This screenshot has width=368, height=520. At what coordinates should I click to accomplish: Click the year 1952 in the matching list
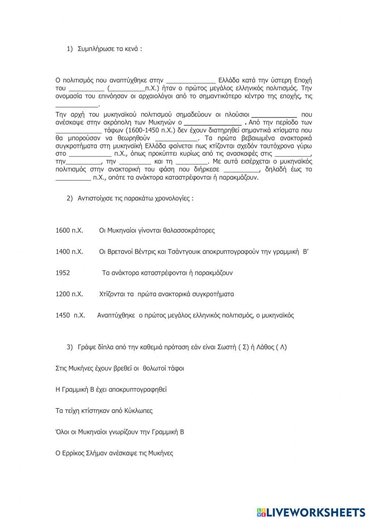tap(63, 273)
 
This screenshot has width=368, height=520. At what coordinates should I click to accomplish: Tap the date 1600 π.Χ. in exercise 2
tap(69, 231)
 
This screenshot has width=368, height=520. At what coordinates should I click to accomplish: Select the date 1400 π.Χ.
tap(69, 252)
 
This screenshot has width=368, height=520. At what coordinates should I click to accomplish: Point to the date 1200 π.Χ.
tap(69, 294)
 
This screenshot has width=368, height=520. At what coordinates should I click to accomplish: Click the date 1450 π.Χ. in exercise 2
tap(70, 315)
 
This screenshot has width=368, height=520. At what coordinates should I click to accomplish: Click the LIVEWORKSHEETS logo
tap(311, 512)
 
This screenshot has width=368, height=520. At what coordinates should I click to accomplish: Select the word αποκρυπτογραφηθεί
tap(138, 389)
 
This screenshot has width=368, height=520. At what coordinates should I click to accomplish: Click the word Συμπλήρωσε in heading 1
tap(93, 49)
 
